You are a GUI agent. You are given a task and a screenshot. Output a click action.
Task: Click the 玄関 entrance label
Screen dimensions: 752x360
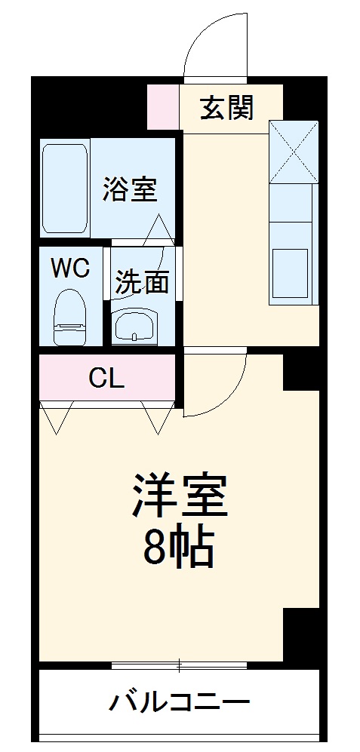coord(226,109)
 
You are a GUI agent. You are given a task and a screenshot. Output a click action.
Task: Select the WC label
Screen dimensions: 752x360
coord(71,268)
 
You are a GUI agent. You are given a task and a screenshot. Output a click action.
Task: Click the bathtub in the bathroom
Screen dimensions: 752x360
coord(66,189)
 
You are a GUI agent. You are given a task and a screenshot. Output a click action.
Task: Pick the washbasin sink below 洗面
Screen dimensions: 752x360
coord(136,326)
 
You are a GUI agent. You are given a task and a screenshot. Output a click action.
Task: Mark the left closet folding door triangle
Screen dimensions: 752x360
coord(57,417)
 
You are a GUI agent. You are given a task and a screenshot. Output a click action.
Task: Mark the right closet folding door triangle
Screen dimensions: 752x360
coord(157,417)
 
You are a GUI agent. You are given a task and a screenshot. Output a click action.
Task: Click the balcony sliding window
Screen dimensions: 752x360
coord(179,665)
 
